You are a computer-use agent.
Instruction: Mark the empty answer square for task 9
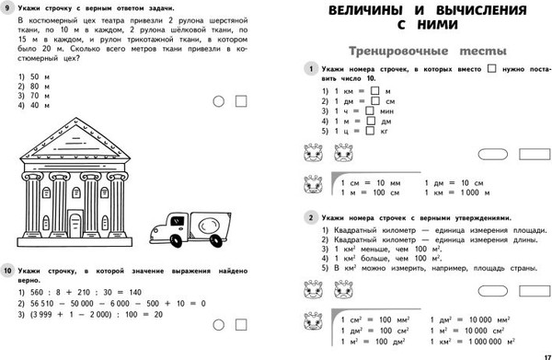click(x=244, y=100)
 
